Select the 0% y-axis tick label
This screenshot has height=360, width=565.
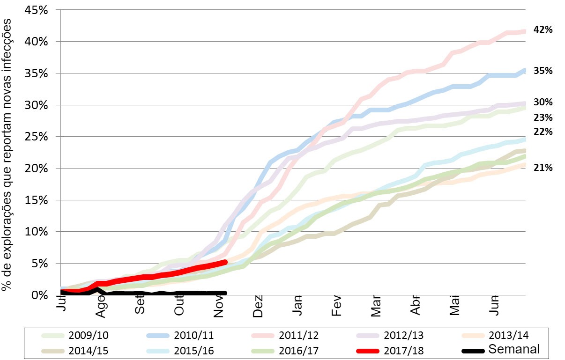coord(39,295)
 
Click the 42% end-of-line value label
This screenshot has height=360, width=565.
coord(543,30)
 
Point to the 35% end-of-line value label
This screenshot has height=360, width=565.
coord(543,71)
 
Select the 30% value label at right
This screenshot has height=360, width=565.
coord(543,102)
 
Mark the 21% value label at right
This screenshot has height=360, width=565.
coord(543,168)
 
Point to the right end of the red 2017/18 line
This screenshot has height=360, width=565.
coord(225,263)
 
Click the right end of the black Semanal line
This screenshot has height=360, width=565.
coord(225,293)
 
